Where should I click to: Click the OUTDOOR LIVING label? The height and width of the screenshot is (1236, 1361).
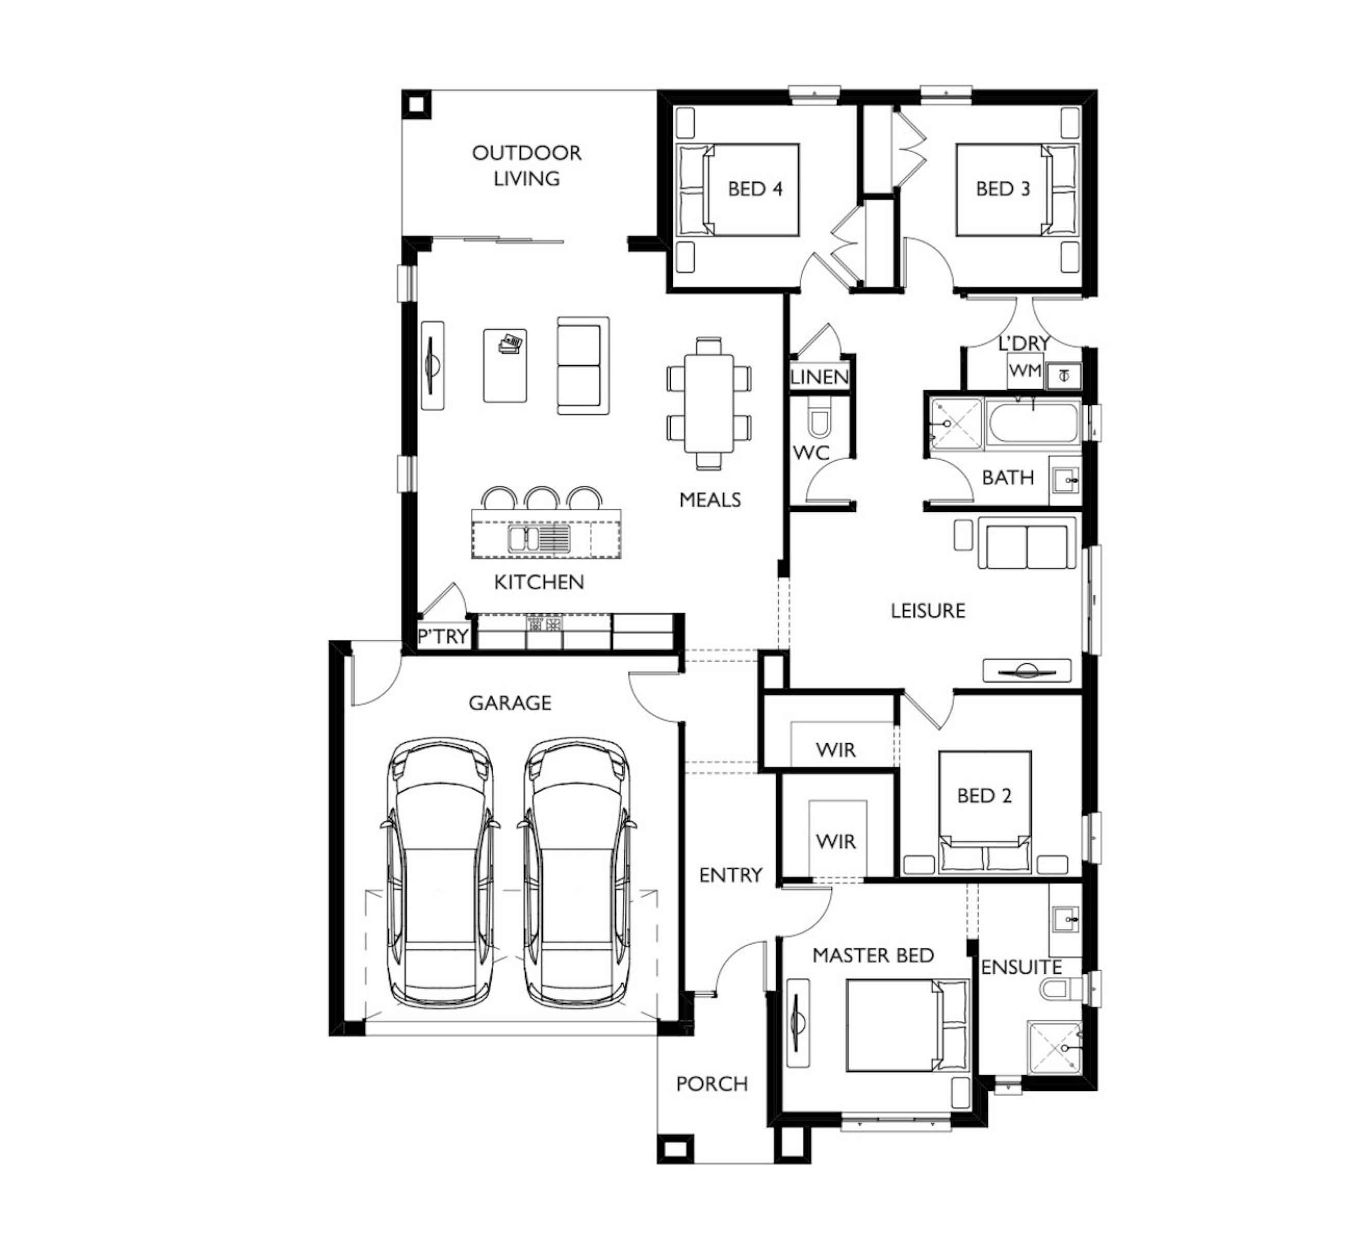point(527,165)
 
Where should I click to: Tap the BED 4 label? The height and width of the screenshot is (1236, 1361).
point(755,188)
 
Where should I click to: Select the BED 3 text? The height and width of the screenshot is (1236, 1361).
point(1003,188)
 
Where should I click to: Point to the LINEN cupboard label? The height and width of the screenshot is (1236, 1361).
point(819,377)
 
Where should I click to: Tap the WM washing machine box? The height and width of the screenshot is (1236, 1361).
point(1025,371)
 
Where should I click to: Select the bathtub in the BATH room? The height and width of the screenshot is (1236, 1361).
point(1033,423)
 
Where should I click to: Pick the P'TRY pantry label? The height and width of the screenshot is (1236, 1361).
point(443,636)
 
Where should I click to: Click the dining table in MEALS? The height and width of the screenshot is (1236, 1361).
point(709,403)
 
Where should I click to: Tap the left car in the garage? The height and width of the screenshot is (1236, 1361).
point(440,872)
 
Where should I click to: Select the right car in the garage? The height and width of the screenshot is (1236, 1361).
point(577,872)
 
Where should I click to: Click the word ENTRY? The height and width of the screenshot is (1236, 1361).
point(730,875)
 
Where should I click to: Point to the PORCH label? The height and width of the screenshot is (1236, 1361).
point(712,1084)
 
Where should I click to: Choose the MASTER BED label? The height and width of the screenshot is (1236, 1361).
point(873,956)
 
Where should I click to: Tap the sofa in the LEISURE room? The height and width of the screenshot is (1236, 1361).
point(1026,543)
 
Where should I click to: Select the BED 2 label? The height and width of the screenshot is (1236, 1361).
point(984,796)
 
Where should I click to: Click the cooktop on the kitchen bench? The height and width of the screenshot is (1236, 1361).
point(544,623)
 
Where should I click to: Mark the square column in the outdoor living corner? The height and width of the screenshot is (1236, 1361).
point(416,105)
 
